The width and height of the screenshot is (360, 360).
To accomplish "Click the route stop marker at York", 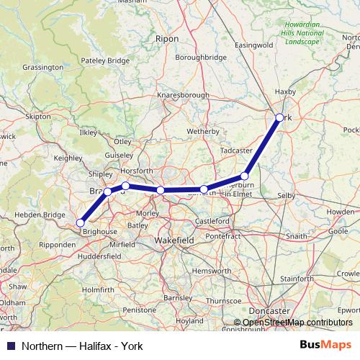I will coord(279,117).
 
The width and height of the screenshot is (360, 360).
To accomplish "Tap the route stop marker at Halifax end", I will coord(81,222).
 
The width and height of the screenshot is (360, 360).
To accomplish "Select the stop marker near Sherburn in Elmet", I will coord(245,176).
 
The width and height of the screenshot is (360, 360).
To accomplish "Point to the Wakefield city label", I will coord(174,240).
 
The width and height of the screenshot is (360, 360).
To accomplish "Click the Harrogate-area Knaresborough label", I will coord(184,95).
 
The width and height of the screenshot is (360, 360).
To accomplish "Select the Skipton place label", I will coord(38,116).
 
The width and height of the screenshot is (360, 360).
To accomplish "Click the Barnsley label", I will coord(178,297).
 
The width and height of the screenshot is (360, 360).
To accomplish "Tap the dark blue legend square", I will coord(11,346).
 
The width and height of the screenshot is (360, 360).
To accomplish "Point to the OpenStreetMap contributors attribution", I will coord(293,323).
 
